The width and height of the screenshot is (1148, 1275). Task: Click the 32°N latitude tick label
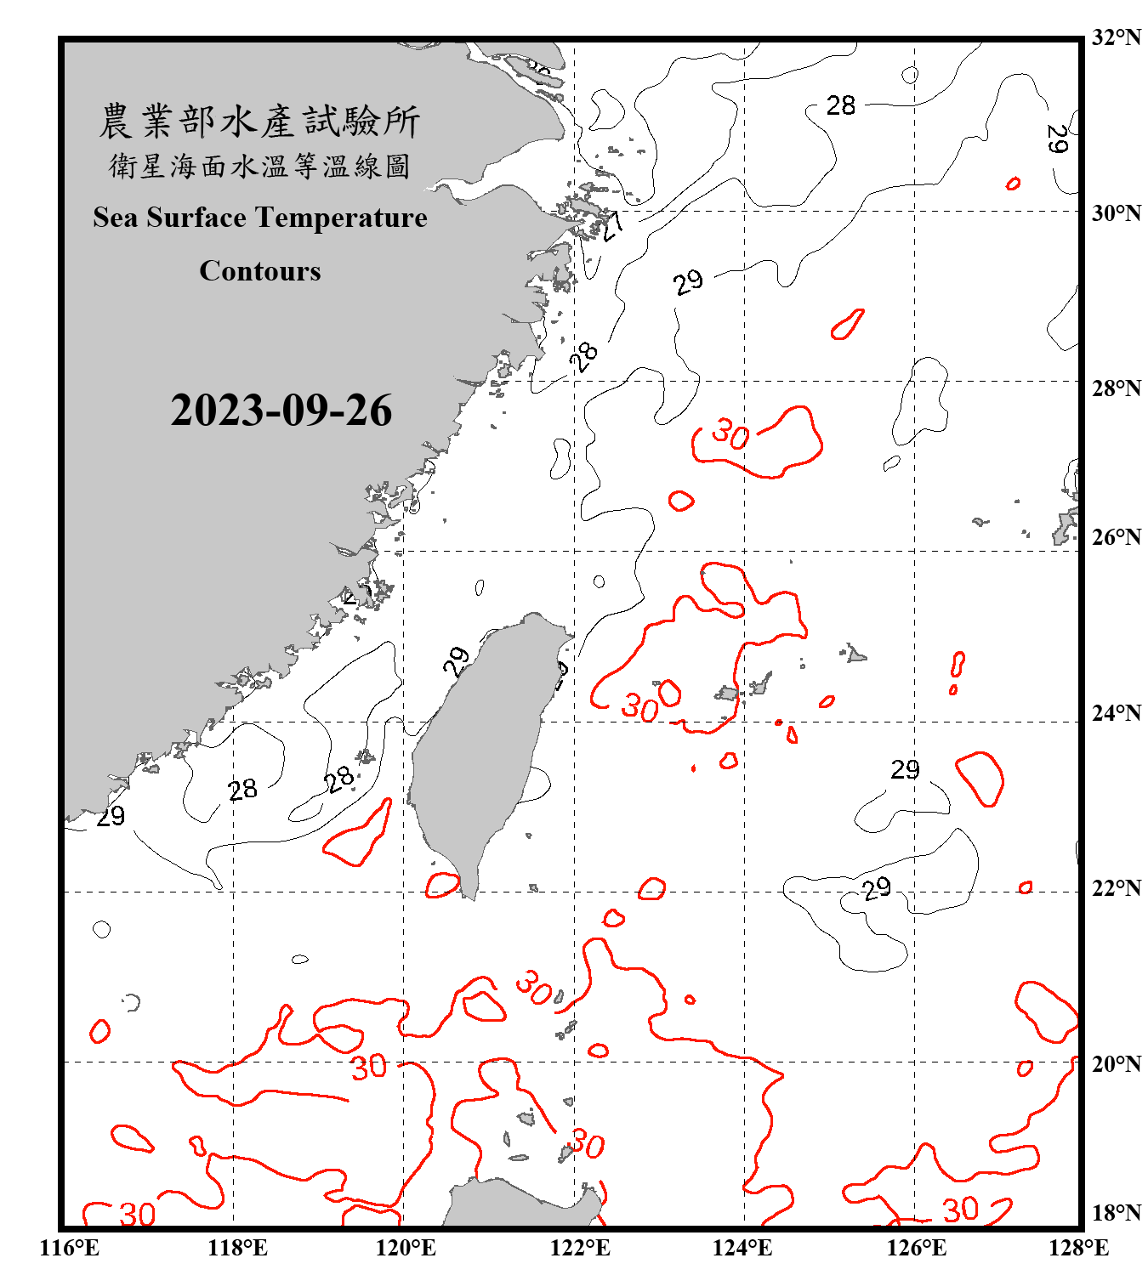tap(1116, 37)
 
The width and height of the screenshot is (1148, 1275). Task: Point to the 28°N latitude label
tap(1116, 388)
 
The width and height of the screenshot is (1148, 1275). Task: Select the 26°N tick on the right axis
tap(1116, 537)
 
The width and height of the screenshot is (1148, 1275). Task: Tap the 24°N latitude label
tap(1116, 713)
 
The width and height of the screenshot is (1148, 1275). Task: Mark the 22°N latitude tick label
tap(1116, 888)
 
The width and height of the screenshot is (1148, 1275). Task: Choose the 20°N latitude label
tap(1116, 1064)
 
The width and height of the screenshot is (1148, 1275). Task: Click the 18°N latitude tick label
tap(1116, 1213)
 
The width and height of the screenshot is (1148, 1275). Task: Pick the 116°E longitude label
tap(70, 1248)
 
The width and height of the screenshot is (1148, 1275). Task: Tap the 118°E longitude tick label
tap(237, 1248)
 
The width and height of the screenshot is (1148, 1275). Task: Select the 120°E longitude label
tap(406, 1248)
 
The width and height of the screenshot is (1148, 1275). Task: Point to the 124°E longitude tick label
tap(742, 1248)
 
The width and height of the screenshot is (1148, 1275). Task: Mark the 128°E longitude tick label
tap(1078, 1248)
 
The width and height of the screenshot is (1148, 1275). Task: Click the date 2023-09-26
tap(281, 411)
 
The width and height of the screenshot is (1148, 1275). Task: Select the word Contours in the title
tap(260, 271)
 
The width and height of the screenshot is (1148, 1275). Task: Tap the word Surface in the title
tap(196, 218)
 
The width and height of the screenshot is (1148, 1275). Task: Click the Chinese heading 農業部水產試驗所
tap(259, 122)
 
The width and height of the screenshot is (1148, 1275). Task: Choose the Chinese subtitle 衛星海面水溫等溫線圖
tap(259, 166)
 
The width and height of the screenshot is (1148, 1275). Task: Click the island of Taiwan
tap(480, 748)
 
